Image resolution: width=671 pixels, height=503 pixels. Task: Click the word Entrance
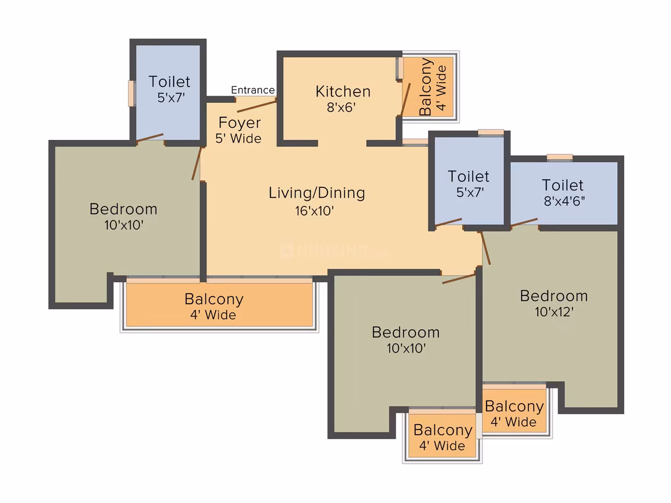(x=252, y=90)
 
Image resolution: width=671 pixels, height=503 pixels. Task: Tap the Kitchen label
(x=343, y=91)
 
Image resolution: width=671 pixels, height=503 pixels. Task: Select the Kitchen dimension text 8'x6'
(x=341, y=108)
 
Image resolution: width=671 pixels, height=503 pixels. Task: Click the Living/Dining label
(x=316, y=193)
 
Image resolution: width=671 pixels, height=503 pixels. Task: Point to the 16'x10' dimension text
(x=315, y=211)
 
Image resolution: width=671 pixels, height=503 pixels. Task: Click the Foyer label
(x=239, y=123)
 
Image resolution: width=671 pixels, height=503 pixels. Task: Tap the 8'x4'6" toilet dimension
(x=565, y=201)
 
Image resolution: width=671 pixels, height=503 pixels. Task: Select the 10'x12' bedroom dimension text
(x=554, y=312)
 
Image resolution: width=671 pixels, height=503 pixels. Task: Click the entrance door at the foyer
(x=257, y=105)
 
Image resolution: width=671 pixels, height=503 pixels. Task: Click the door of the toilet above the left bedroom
(x=150, y=137)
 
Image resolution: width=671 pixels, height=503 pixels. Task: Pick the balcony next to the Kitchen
(x=429, y=87)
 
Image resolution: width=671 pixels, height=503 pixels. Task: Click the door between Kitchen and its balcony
(x=405, y=99)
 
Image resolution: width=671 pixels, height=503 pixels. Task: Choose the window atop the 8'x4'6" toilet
(x=560, y=157)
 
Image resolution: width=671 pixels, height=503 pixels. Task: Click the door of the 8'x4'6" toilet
(x=524, y=222)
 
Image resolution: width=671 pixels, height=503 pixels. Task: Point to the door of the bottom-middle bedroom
(x=459, y=279)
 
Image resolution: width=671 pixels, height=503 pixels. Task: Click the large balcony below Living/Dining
(x=219, y=305)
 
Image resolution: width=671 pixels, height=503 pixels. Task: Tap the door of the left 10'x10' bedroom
(x=197, y=164)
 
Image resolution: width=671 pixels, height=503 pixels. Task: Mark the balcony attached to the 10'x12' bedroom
(x=515, y=410)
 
